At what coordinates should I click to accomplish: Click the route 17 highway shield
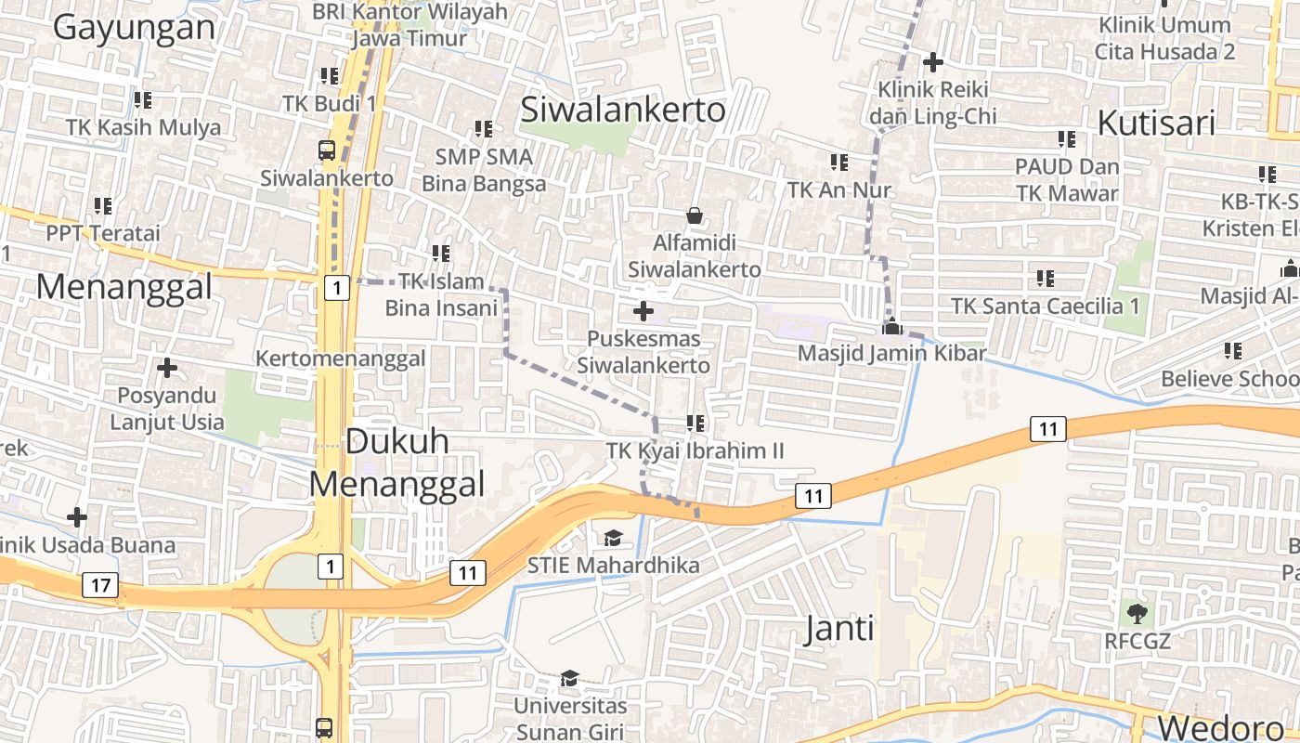click(100, 585)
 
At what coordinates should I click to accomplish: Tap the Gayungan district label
click(134, 27)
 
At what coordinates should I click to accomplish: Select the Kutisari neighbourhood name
click(1155, 122)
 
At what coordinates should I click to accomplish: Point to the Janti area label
click(839, 629)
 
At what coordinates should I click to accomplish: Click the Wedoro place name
click(1219, 726)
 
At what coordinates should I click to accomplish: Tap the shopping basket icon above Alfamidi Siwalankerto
click(695, 216)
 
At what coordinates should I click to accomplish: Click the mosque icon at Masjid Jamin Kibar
click(891, 326)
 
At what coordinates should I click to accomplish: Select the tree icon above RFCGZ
click(1137, 613)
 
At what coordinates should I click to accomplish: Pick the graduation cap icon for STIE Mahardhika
click(613, 538)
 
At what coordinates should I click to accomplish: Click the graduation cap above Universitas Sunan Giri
click(570, 679)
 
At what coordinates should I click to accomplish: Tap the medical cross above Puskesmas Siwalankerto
click(643, 311)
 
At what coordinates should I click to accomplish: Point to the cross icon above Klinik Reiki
click(933, 62)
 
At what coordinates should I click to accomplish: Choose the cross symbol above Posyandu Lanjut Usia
click(167, 369)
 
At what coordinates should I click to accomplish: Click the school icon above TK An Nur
click(839, 163)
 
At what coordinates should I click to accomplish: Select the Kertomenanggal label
click(341, 358)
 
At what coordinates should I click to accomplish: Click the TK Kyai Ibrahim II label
click(695, 451)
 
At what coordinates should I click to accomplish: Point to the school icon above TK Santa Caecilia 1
click(1046, 278)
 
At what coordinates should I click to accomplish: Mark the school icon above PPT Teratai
click(103, 205)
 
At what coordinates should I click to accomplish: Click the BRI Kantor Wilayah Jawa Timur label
click(410, 25)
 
